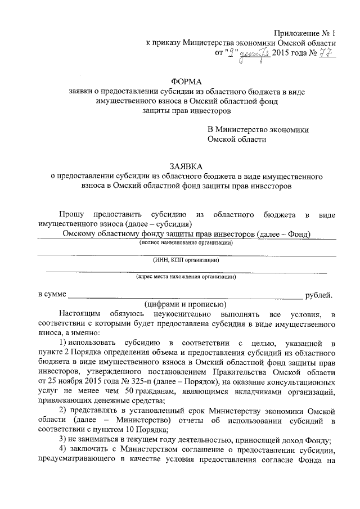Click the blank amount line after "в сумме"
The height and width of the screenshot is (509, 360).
pos(186,296)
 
